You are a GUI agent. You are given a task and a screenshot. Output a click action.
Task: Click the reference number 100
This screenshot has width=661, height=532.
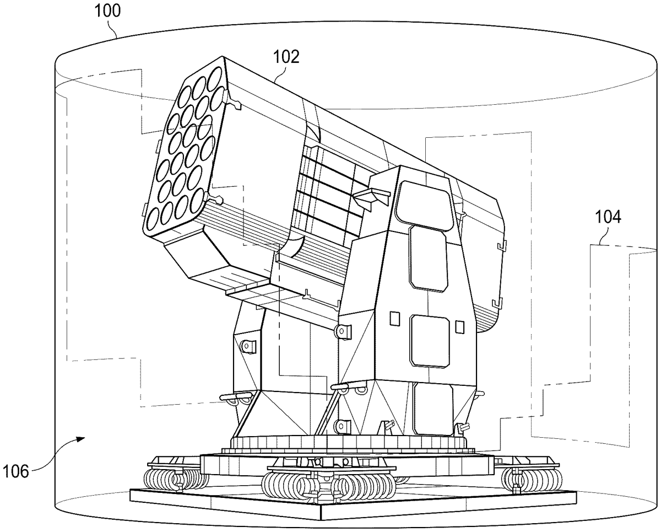[x=107, y=11]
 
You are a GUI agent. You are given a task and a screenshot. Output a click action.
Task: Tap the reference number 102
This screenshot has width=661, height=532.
[x=286, y=57]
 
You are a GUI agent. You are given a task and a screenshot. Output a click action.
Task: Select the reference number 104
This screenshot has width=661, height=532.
[x=608, y=217]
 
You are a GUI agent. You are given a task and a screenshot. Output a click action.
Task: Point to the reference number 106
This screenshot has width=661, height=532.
[x=15, y=471]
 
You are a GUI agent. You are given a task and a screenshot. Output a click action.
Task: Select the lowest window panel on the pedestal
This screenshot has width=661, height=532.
[x=434, y=409]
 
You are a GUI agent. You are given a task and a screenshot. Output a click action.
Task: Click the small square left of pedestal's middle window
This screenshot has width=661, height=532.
[x=395, y=319]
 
